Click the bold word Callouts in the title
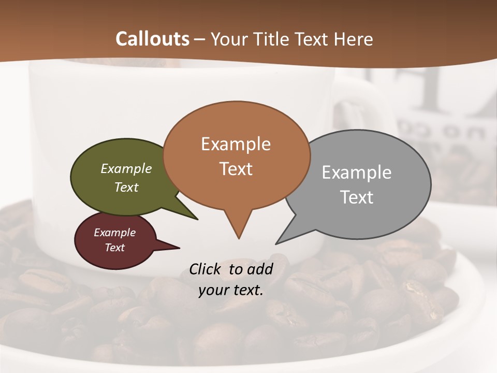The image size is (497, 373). point(152,39)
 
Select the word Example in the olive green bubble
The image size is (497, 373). point(126,168)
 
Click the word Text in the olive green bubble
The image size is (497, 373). point(126,187)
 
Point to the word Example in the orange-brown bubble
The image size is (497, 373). point(236,144)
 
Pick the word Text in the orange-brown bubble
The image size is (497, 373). point(236,169)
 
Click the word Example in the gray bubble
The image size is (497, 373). point(357,172)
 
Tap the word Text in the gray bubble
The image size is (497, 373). point(357,197)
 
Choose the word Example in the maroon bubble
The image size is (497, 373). point(115,233)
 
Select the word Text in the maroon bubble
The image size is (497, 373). point(115,248)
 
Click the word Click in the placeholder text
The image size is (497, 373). point(205,269)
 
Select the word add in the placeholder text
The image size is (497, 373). point(260,269)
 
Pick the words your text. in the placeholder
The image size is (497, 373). point(231,291)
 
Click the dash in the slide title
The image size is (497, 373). point(201,39)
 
